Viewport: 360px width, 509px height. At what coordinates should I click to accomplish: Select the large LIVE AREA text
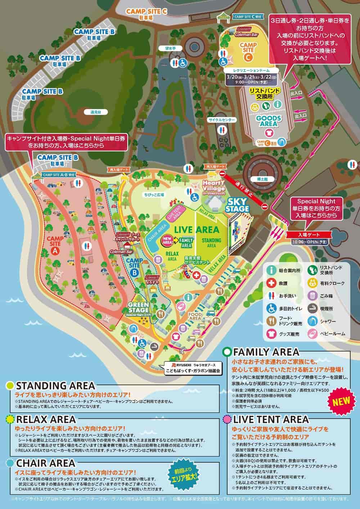tap(196, 229)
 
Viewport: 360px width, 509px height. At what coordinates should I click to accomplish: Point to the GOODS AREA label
tap(267, 121)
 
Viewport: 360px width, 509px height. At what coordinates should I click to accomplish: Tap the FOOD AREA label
tap(195, 316)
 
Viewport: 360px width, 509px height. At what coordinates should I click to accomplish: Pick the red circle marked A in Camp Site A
tap(55, 250)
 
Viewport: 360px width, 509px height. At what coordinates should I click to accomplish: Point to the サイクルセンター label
tap(221, 120)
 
